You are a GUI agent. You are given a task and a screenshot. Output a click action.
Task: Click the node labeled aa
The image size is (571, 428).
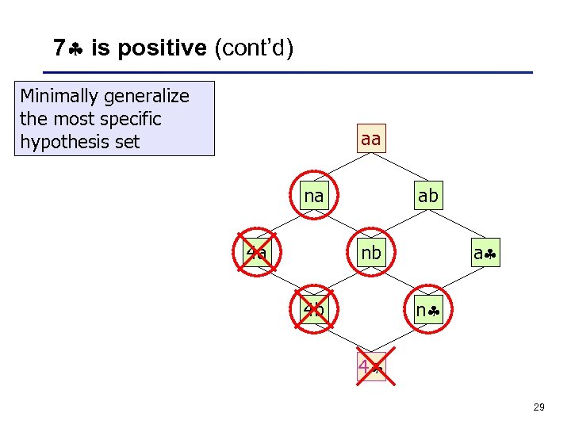pos(370,139)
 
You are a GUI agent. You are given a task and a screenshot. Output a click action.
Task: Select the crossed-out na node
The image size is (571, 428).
pos(314,195)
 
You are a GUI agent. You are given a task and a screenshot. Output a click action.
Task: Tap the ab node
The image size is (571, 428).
pos(427,195)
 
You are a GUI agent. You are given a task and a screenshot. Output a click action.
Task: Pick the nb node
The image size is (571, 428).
pos(370,253)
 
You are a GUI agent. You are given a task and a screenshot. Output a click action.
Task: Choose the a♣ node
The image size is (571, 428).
pos(485,254)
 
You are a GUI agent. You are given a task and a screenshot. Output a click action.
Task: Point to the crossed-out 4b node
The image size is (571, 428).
pos(314,310)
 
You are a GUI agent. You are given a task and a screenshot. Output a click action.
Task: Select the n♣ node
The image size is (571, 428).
pos(427,310)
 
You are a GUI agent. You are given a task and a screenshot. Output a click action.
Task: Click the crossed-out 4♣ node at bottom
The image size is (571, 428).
pos(370,367)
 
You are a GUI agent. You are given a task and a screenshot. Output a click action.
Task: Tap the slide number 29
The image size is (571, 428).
pos(538,407)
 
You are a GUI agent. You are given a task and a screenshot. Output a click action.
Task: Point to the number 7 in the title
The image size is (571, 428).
pos(59,49)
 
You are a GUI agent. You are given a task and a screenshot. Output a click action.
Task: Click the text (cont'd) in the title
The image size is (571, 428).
pos(254,49)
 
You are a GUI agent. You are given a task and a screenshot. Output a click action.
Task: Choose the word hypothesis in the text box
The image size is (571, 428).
pos(59,142)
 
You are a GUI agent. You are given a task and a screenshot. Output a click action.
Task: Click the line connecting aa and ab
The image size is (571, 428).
pos(399,167)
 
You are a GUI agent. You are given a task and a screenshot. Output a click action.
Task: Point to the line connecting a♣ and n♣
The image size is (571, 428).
pos(457,281)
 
